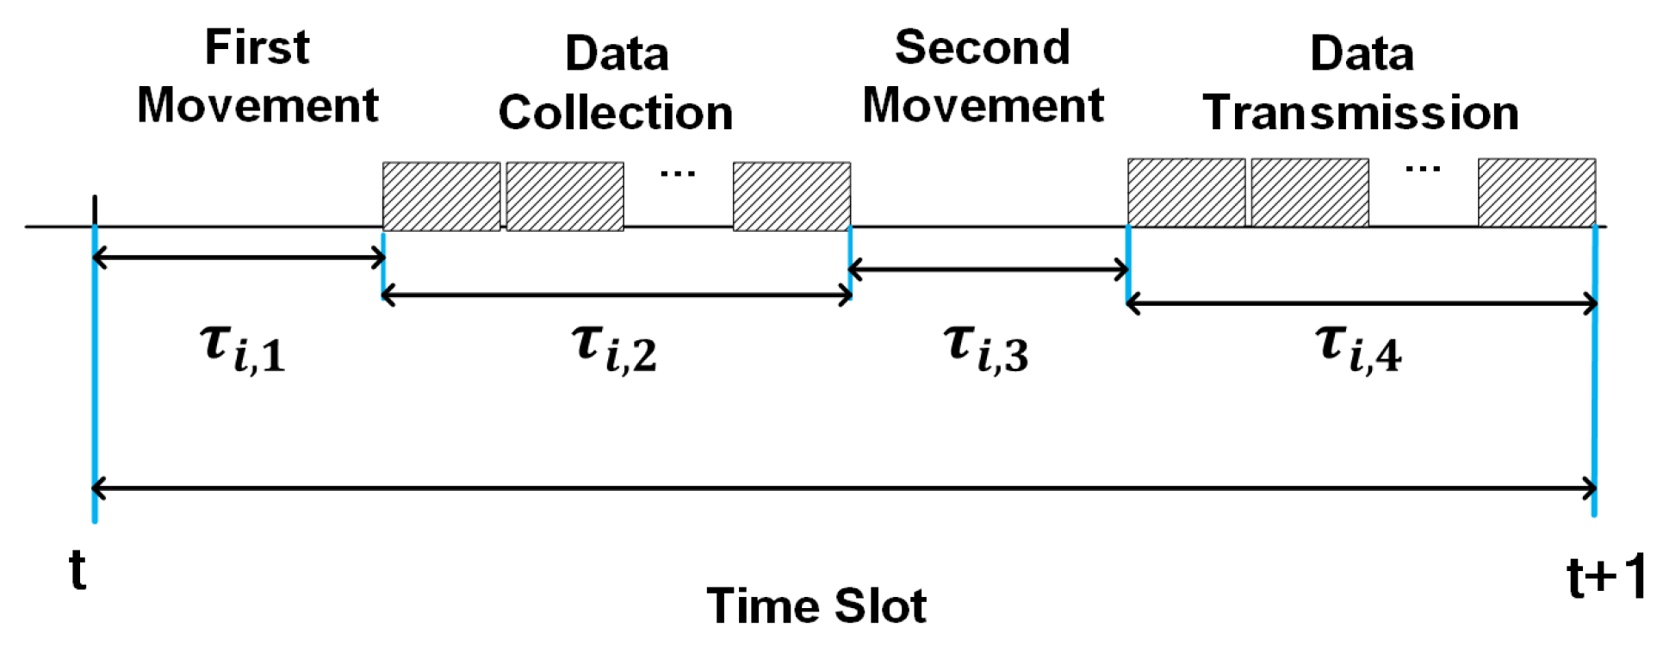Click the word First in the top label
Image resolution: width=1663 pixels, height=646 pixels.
[x=257, y=47]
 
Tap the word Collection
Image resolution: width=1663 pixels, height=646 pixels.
[x=616, y=113]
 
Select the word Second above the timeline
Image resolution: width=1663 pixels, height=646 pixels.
[x=983, y=47]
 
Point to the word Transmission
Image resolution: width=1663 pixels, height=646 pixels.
[x=1361, y=113]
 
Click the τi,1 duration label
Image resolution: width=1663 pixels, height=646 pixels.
[x=243, y=347]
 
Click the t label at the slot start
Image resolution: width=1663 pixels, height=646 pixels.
[x=78, y=570]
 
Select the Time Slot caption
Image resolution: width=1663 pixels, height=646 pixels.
[x=816, y=606]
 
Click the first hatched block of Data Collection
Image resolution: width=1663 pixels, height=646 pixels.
[x=441, y=196]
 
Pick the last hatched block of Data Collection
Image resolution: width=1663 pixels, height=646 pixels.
[x=791, y=196]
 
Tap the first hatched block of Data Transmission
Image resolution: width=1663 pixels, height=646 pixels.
[x=1186, y=193]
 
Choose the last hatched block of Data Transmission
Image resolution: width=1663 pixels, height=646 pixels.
[x=1536, y=193]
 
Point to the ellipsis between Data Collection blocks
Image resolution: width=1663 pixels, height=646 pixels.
[x=678, y=174]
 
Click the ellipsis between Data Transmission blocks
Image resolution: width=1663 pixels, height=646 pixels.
[x=1423, y=170]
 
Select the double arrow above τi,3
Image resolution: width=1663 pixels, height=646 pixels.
[x=989, y=270]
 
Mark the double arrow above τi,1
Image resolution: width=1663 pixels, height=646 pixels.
[x=239, y=257]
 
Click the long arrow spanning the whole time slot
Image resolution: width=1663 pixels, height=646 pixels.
[x=844, y=488]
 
